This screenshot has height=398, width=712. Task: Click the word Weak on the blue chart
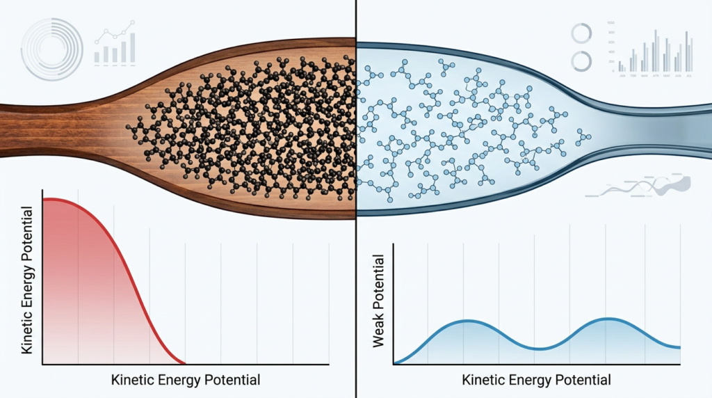click(x=379, y=331)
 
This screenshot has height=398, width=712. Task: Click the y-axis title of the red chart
click(x=28, y=280)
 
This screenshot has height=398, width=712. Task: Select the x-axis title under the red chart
click(x=186, y=380)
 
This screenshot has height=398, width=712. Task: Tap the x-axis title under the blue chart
click(x=536, y=380)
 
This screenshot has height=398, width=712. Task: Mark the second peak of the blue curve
click(x=608, y=319)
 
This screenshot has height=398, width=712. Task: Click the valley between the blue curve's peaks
click(x=536, y=348)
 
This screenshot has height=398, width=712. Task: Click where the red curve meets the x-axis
click(x=185, y=363)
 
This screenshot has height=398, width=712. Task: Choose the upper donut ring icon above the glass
click(x=581, y=33)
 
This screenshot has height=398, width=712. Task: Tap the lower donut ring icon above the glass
click(x=581, y=61)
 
